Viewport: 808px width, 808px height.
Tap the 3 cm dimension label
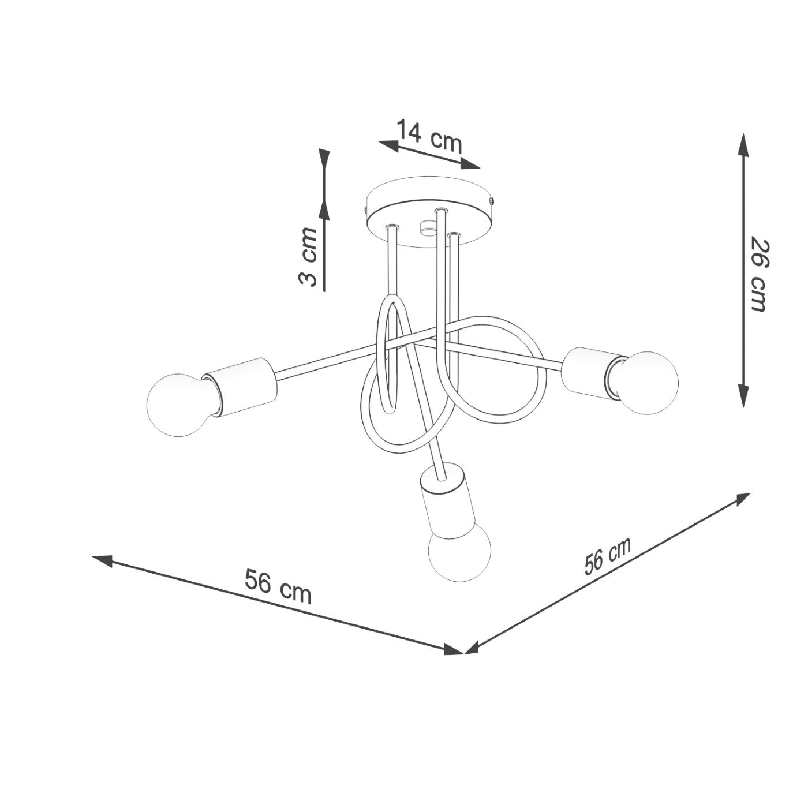point(309,257)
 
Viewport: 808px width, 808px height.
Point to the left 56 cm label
point(278,586)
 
